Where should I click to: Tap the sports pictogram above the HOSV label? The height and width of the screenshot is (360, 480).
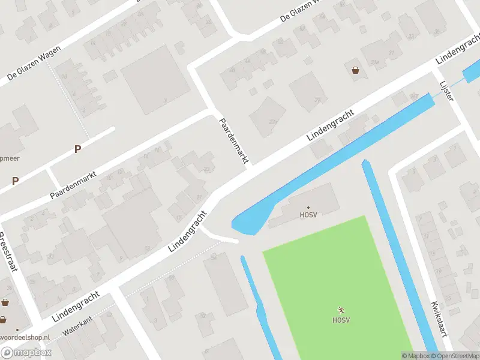(341, 310)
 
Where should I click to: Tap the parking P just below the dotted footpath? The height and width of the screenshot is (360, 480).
(77, 149)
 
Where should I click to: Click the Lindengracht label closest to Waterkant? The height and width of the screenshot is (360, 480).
(75, 305)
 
